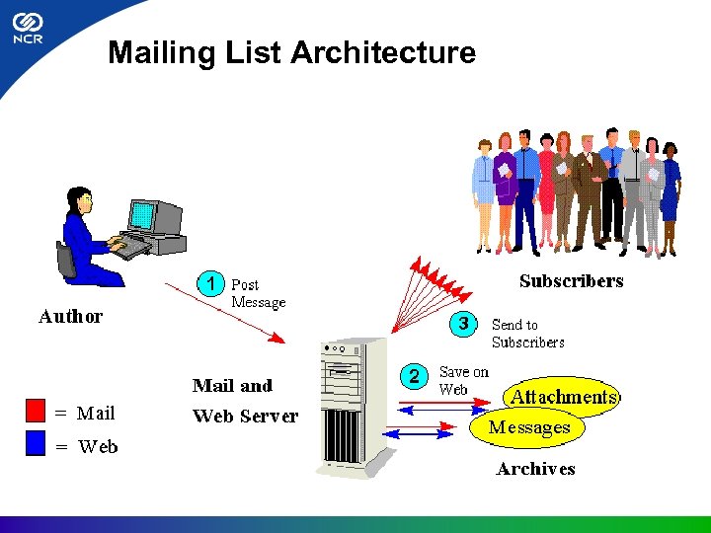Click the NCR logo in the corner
tap(28, 30)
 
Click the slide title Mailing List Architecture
tap(291, 52)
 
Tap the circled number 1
tap(209, 283)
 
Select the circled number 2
tap(415, 375)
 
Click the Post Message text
tap(258, 294)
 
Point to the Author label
tap(70, 317)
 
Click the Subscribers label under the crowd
tap(571, 281)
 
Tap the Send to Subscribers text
tap(527, 334)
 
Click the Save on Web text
tap(463, 381)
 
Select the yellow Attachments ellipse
tap(563, 397)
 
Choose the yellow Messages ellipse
tap(528, 428)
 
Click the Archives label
tap(535, 469)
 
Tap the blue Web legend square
tap(37, 443)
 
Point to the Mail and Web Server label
tap(245, 401)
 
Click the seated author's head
tap(80, 200)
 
